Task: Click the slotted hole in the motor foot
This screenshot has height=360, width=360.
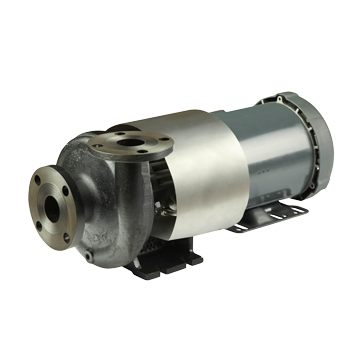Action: [x=296, y=209]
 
